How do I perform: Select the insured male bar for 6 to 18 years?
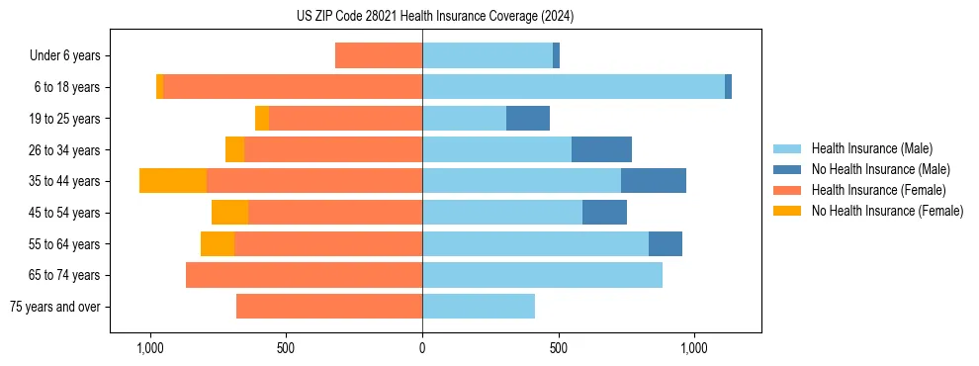[574, 87]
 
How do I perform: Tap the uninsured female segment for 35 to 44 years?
[173, 181]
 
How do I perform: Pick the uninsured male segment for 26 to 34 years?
[601, 149]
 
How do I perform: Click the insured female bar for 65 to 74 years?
[304, 275]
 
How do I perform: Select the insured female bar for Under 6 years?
[379, 55]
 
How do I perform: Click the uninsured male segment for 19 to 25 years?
[528, 119]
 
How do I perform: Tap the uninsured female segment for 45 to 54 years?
[229, 213]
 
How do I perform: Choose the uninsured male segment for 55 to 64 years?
[666, 243]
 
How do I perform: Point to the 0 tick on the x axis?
[422, 348]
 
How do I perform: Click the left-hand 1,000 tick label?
[150, 348]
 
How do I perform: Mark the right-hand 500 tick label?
[559, 348]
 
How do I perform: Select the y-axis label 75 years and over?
[55, 307]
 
